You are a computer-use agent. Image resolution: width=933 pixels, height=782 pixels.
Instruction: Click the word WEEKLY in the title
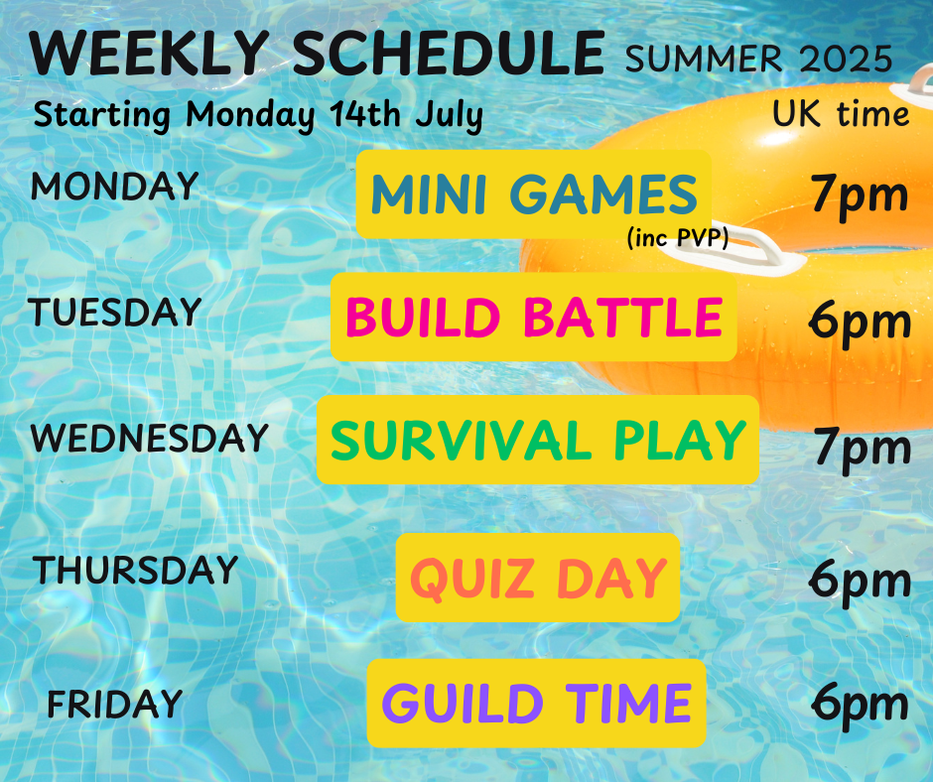point(149,53)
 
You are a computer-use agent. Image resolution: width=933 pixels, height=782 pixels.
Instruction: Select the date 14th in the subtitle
point(365,114)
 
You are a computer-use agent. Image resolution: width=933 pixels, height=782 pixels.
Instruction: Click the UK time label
point(841,113)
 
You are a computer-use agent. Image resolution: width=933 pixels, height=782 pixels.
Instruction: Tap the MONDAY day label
point(114,186)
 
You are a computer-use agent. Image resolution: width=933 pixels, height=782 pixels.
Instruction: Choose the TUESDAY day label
point(114,312)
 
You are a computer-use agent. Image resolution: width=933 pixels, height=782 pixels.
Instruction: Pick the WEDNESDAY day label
point(149,438)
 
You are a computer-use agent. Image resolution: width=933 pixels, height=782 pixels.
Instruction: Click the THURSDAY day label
point(135,570)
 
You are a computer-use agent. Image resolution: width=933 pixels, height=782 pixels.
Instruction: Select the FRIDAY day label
point(115,704)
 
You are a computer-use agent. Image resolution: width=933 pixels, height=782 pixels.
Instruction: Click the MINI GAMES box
point(534,195)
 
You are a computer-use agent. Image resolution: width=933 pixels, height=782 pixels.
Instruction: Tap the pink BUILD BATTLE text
point(534,317)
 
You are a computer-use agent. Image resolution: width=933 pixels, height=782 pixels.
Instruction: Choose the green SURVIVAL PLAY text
point(538,440)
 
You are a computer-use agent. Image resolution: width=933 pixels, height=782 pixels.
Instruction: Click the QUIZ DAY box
point(538,578)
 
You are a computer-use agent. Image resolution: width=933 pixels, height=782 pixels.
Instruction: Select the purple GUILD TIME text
point(536,703)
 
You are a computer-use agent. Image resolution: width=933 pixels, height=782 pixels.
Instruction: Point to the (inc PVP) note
point(678,238)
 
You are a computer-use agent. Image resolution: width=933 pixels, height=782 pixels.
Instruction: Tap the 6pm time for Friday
point(860,705)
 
